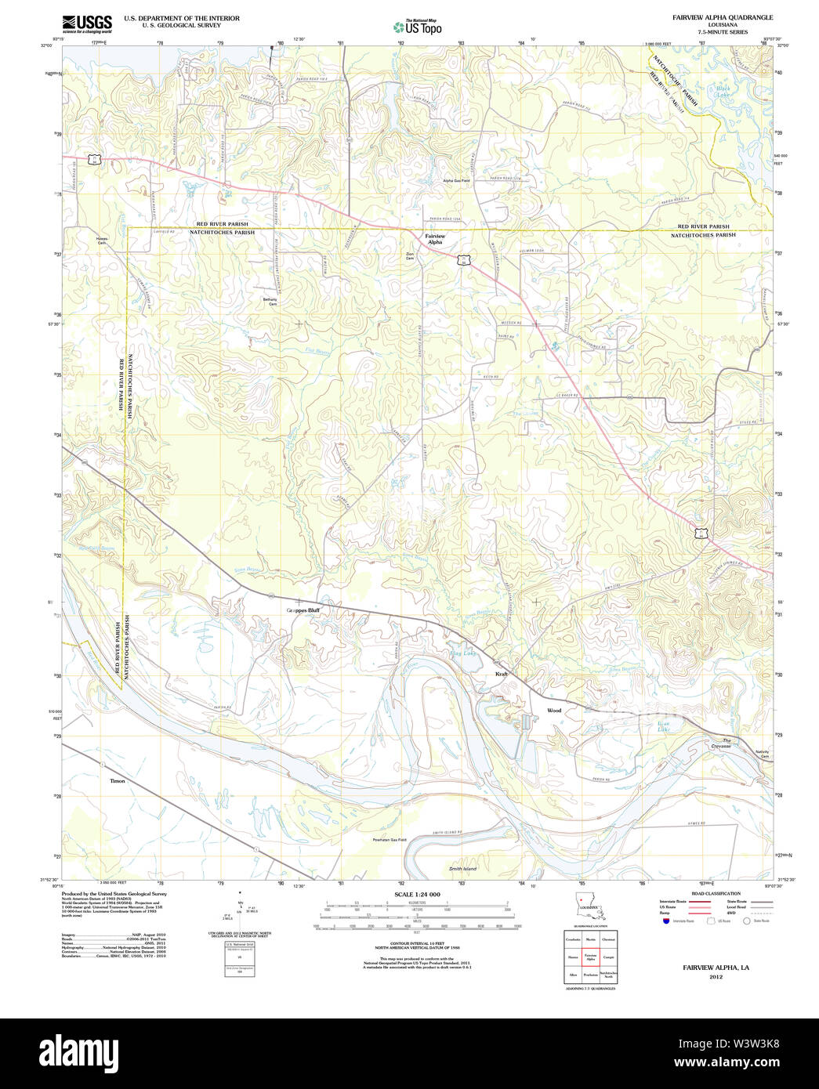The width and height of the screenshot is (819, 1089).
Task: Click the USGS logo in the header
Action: pos(87,24)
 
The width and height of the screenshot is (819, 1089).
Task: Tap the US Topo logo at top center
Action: pos(417,27)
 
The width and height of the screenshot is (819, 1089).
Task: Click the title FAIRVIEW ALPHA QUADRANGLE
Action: pos(722,17)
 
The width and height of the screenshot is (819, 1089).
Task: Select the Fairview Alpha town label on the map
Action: pos(434,239)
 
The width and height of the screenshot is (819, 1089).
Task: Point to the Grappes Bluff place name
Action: pos(303,610)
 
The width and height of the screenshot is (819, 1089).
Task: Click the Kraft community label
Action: pos(502,674)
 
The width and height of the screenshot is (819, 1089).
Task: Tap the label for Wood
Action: pos(554,711)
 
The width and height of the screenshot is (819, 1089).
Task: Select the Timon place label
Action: pos(118,781)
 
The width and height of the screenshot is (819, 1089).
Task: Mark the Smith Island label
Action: pos(462,869)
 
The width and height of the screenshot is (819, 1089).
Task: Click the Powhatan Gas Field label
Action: pos(390,840)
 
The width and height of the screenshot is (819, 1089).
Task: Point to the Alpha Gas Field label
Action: pos(456,181)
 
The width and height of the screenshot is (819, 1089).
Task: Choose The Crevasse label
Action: pos(720,743)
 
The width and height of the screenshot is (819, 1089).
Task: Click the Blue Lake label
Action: pos(664,726)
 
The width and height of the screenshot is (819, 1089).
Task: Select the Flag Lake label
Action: pos(462,653)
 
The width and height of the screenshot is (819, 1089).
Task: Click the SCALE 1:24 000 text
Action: pos(417,895)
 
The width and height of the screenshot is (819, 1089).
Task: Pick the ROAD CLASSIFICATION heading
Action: pos(716,894)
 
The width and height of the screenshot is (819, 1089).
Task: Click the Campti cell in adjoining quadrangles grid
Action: pos(608,957)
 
